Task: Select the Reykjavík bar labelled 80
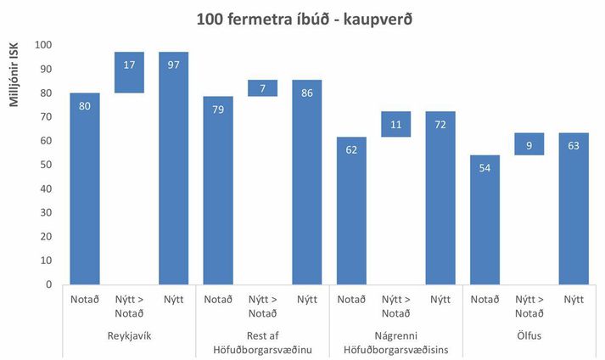point(84,188)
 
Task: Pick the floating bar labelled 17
point(129,72)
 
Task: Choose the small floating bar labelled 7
point(262,87)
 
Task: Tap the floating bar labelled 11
point(396,124)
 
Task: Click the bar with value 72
point(440,198)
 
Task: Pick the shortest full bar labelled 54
point(485,220)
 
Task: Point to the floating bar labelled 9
point(529,144)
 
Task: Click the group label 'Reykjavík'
point(129,335)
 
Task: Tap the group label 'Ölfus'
point(529,335)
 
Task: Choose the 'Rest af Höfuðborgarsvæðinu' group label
point(262,342)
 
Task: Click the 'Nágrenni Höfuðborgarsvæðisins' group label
point(396,342)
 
